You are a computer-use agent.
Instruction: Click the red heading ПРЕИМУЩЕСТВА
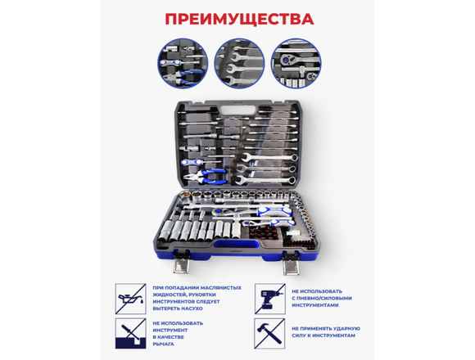(239, 20)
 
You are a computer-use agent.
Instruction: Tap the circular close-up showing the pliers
(183, 63)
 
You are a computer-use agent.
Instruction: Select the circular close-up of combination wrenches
(239, 63)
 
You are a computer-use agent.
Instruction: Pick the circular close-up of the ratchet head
(296, 63)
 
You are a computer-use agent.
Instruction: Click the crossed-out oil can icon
(130, 299)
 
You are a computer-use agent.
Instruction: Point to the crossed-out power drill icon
(269, 299)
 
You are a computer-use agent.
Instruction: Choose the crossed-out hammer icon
(269, 333)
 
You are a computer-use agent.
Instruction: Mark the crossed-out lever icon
(130, 333)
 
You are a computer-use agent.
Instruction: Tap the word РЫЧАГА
(164, 344)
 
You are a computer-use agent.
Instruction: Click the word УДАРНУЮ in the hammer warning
(346, 329)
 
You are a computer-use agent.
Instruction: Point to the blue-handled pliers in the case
(207, 177)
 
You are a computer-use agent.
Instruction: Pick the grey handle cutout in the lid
(233, 110)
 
